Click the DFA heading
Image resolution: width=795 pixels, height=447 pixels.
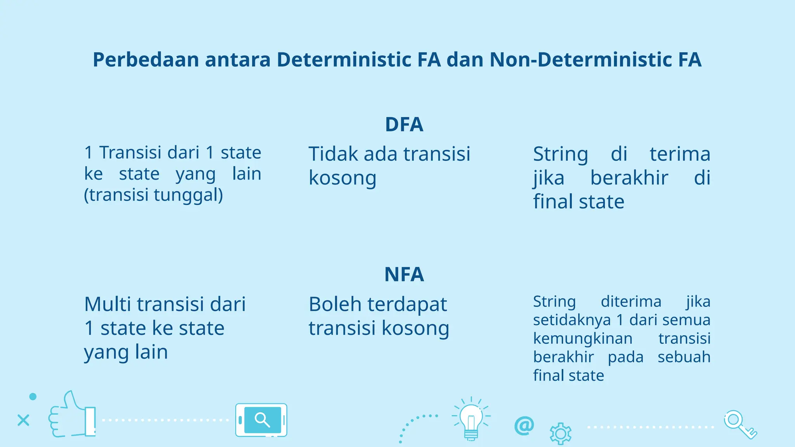point(404,125)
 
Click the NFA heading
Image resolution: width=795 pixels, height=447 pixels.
point(404,274)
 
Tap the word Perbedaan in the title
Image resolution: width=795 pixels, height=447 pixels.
point(146,60)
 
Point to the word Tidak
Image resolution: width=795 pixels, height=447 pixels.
point(333,154)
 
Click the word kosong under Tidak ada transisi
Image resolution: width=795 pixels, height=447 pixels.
point(342,178)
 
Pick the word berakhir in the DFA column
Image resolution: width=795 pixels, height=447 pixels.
point(629,178)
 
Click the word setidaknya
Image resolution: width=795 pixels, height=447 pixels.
point(572,320)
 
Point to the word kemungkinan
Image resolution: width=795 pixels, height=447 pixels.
point(582,339)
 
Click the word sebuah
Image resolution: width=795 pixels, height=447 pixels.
point(684,357)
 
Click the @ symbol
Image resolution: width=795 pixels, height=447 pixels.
point(524,426)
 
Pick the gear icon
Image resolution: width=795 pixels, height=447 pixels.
point(561,433)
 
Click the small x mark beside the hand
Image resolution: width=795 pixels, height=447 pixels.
point(23,420)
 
